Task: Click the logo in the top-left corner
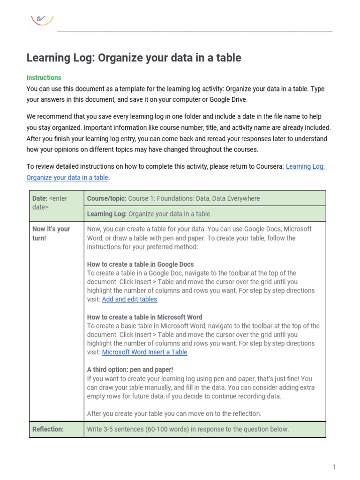pos(42,19)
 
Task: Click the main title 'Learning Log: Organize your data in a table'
pos(134,58)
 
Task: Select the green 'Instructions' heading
pos(44,78)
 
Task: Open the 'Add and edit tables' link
pos(129,300)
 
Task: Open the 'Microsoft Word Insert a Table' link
pos(144,352)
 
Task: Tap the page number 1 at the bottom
pos(334,467)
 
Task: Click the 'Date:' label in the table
pos(40,198)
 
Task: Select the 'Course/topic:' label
pos(106,198)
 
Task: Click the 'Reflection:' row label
pos(48,429)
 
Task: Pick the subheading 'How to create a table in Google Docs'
pos(140,264)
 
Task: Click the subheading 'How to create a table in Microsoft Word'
pos(144,317)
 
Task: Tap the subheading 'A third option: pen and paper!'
pos(130,370)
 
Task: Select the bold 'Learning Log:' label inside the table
pos(106,214)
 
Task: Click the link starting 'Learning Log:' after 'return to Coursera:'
pos(306,166)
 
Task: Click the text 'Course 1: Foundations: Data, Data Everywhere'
pos(194,198)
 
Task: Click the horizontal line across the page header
pos(195,32)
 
